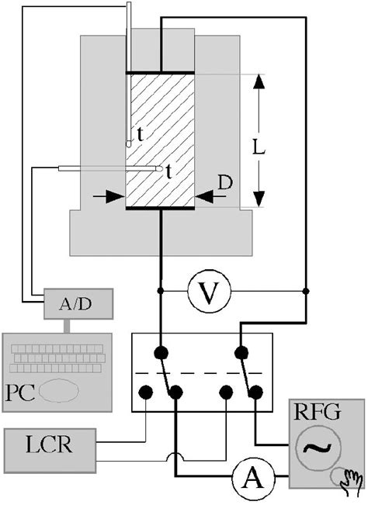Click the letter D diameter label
tap(225, 183)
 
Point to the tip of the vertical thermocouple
tap(130, 144)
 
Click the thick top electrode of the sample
tap(160, 73)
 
